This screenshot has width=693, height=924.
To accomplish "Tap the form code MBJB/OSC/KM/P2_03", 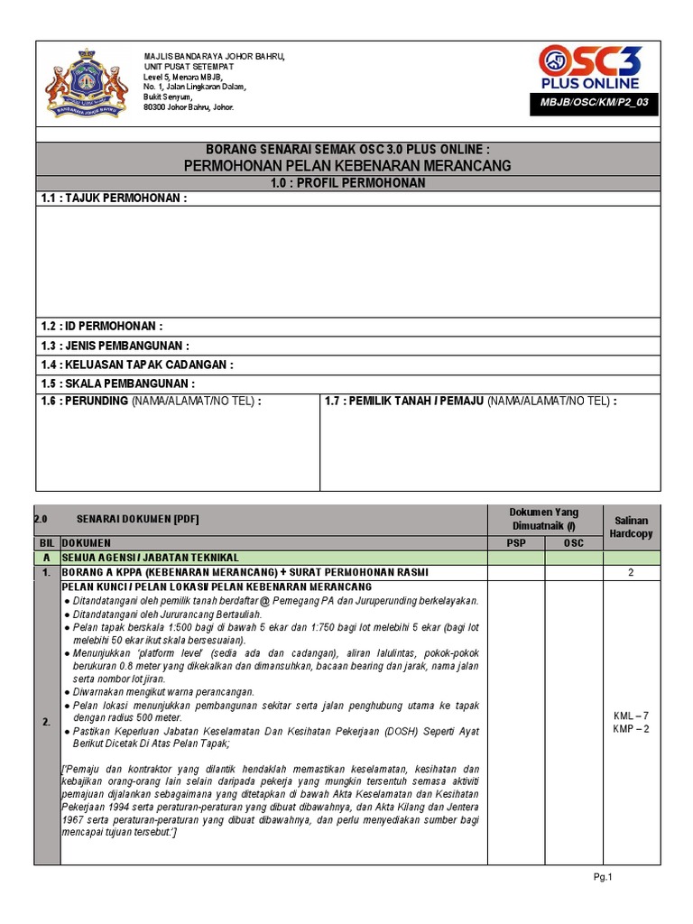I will pos(594,102).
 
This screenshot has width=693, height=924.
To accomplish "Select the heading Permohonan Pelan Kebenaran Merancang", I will pos(347,165).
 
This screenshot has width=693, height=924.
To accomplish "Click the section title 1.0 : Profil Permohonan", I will pos(347,182).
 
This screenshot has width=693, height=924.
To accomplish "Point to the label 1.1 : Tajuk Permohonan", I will pos(114,199).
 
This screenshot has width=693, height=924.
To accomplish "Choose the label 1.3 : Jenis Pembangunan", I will pos(115,346).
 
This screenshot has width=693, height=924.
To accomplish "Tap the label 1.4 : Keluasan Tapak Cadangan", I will pos(136,365).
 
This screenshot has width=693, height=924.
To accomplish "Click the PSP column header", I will pos(515,543).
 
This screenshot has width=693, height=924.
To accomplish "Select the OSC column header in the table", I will pos(574,543).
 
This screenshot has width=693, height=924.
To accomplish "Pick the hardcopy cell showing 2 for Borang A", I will pos(632,573).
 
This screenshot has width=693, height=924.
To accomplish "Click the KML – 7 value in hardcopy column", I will pos(632,716).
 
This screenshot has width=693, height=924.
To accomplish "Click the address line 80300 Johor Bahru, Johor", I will pos(189,107).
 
